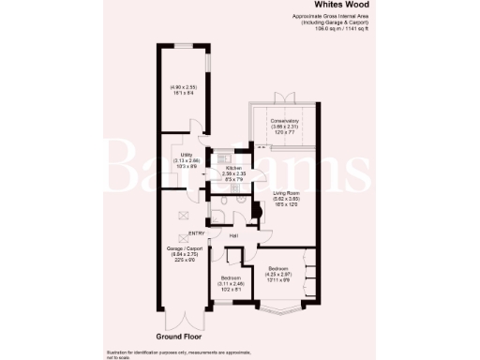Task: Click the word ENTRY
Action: click(x=197, y=232)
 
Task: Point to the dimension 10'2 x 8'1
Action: click(x=232, y=289)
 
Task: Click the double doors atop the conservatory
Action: click(x=278, y=98)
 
